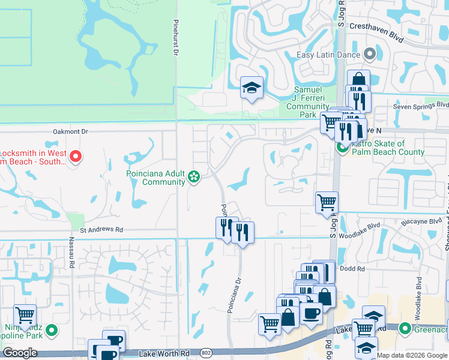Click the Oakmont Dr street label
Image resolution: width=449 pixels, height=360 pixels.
[x=70, y=131]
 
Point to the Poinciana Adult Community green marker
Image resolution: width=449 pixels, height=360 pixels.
[x=194, y=176]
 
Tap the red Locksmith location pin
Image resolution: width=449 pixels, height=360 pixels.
[x=76, y=157]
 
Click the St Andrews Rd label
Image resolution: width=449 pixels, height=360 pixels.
[x=101, y=230]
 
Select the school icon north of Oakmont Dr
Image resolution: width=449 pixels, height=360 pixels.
[x=252, y=88]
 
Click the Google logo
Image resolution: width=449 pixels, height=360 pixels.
[x=20, y=353]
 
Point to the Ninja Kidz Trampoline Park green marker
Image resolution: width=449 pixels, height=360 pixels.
[x=52, y=329]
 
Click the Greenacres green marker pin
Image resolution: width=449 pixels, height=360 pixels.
[x=405, y=328]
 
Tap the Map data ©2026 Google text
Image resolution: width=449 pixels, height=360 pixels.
[x=412, y=355]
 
